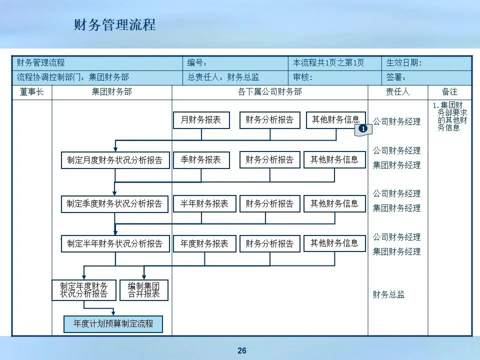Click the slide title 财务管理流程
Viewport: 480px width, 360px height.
click(x=114, y=25)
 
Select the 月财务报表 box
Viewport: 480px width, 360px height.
click(x=201, y=120)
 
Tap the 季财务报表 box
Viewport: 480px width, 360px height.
click(x=201, y=160)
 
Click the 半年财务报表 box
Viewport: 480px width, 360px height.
click(x=204, y=203)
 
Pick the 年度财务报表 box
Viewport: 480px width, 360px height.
click(x=204, y=243)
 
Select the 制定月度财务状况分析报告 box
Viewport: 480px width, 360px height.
click(x=115, y=160)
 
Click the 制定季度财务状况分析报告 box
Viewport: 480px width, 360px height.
click(x=115, y=203)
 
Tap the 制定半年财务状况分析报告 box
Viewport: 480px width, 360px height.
click(x=115, y=243)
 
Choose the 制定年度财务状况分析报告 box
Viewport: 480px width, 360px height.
click(x=84, y=290)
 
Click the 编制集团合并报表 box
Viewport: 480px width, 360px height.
click(x=144, y=290)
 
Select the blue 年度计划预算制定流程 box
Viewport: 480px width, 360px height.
click(x=113, y=323)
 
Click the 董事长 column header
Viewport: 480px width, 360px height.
click(x=32, y=92)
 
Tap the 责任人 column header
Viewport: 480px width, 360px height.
click(x=397, y=92)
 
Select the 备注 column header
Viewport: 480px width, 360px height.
click(x=449, y=92)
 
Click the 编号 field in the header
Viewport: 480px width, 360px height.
click(x=197, y=63)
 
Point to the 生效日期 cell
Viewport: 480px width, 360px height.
click(x=404, y=63)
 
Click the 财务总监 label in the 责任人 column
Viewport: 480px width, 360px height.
click(x=388, y=294)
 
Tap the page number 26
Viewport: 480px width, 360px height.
click(x=242, y=350)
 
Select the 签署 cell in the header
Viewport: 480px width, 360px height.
click(x=396, y=77)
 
